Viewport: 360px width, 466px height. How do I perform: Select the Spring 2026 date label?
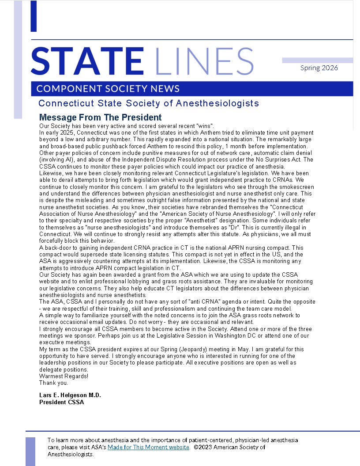coord(319,68)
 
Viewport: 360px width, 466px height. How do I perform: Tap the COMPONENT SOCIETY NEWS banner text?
coord(108,89)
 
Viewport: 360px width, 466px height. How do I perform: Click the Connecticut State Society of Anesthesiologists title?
coord(149,103)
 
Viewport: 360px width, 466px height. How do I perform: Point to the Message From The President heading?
coord(100,117)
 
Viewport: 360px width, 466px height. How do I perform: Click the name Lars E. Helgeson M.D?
coord(70,395)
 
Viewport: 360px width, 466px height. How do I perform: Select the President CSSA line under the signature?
coord(61,402)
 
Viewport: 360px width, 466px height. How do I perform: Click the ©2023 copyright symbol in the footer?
coord(195,447)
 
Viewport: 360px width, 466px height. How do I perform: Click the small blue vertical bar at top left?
coord(34,16)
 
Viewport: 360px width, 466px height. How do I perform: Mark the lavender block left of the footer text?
coord(30,451)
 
